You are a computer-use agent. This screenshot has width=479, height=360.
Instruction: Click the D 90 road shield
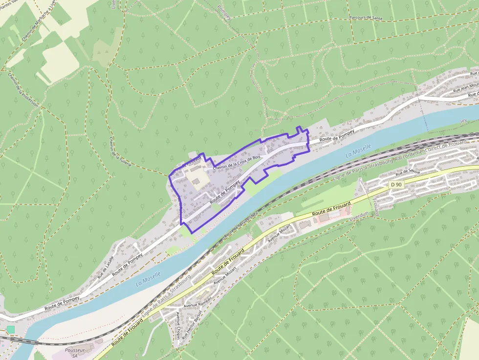396,185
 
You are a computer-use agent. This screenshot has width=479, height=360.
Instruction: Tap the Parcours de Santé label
366,18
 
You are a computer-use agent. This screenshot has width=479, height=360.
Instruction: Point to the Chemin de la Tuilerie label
120,152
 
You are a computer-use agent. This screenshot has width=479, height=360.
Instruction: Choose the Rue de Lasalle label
105,264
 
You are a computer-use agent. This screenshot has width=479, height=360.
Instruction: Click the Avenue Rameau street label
197,302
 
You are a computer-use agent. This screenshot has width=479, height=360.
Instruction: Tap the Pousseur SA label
75,353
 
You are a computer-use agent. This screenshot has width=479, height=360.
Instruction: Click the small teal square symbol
11,330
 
